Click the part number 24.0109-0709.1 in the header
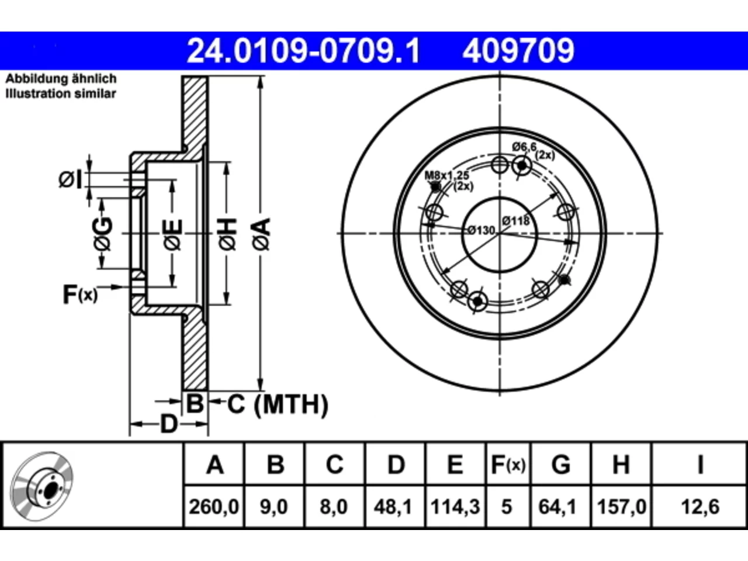pos(303,51)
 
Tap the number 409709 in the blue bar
pos(518,51)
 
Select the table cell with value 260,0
pos(214,507)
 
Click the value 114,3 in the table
pos(455,507)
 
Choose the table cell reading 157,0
pos(622,507)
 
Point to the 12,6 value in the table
pos(700,507)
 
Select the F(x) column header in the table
pos(508,465)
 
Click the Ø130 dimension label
pos(481,231)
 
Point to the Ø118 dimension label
pos(516,221)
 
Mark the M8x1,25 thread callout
pos(447,176)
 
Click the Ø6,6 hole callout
pos(524,147)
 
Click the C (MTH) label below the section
pos(278,404)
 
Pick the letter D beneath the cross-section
pos(169,424)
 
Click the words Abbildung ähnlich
pos(61,79)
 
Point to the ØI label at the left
pos(70,179)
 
